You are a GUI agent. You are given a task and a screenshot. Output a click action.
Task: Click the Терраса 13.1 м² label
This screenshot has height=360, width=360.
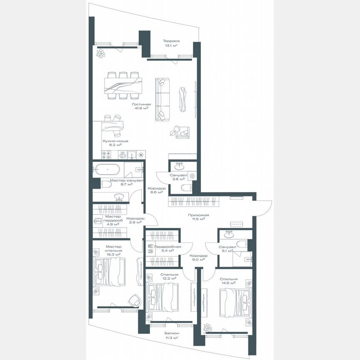[171, 43]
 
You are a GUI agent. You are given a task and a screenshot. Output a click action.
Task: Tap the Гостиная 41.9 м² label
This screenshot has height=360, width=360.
[141, 106]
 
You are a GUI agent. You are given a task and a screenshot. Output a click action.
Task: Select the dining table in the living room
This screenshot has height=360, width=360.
[123, 86]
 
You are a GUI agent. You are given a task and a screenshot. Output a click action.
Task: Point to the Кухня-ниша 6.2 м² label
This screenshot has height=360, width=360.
[115, 143]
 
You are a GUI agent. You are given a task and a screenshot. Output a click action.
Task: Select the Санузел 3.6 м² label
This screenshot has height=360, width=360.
[178, 177]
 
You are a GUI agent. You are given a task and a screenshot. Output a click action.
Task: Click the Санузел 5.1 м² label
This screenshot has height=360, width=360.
[227, 249]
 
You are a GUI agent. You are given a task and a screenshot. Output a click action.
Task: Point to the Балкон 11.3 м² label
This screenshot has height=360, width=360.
[171, 336]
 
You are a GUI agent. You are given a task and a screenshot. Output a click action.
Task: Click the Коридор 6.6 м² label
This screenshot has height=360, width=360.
[157, 190]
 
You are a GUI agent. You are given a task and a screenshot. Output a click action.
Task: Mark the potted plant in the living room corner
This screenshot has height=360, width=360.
[100, 53]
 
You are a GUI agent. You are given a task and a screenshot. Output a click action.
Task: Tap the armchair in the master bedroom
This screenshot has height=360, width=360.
[135, 300]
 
